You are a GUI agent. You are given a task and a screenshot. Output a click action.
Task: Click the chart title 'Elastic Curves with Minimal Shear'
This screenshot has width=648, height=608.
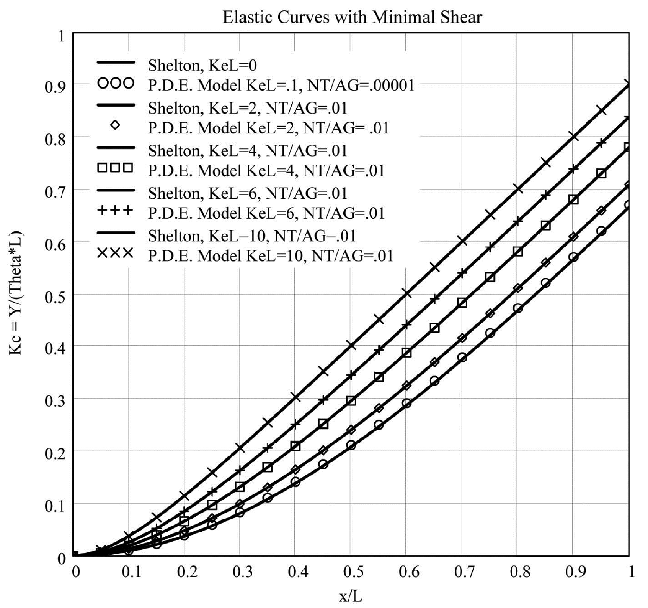pos(352,17)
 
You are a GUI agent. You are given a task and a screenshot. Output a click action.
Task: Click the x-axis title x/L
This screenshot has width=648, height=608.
pos(351,595)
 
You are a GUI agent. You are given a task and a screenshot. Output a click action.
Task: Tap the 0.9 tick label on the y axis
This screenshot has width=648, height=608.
pos(54,85)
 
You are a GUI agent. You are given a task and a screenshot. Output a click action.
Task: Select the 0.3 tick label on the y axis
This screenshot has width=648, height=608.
pos(54,399)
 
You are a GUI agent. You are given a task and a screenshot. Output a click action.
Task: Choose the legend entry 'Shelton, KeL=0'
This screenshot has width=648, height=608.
pos(202,65)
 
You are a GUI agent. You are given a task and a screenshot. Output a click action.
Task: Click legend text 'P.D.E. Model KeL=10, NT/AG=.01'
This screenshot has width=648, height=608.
pos(270,256)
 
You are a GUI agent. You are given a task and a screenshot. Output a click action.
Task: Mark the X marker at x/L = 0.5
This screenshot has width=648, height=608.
pos(351,346)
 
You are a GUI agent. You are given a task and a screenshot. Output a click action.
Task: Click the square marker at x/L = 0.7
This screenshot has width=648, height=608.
pos(462,303)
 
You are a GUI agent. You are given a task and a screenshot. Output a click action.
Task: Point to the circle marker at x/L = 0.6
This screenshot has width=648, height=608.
pos(406,403)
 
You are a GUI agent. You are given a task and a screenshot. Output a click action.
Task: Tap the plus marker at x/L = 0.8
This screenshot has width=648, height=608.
pos(517,221)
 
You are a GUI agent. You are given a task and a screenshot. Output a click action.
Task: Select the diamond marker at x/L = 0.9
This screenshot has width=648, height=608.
pos(573,236)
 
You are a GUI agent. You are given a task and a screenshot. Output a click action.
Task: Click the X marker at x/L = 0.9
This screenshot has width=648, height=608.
pos(573,136)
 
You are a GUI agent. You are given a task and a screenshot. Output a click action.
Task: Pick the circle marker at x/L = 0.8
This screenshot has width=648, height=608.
pos(517,308)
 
